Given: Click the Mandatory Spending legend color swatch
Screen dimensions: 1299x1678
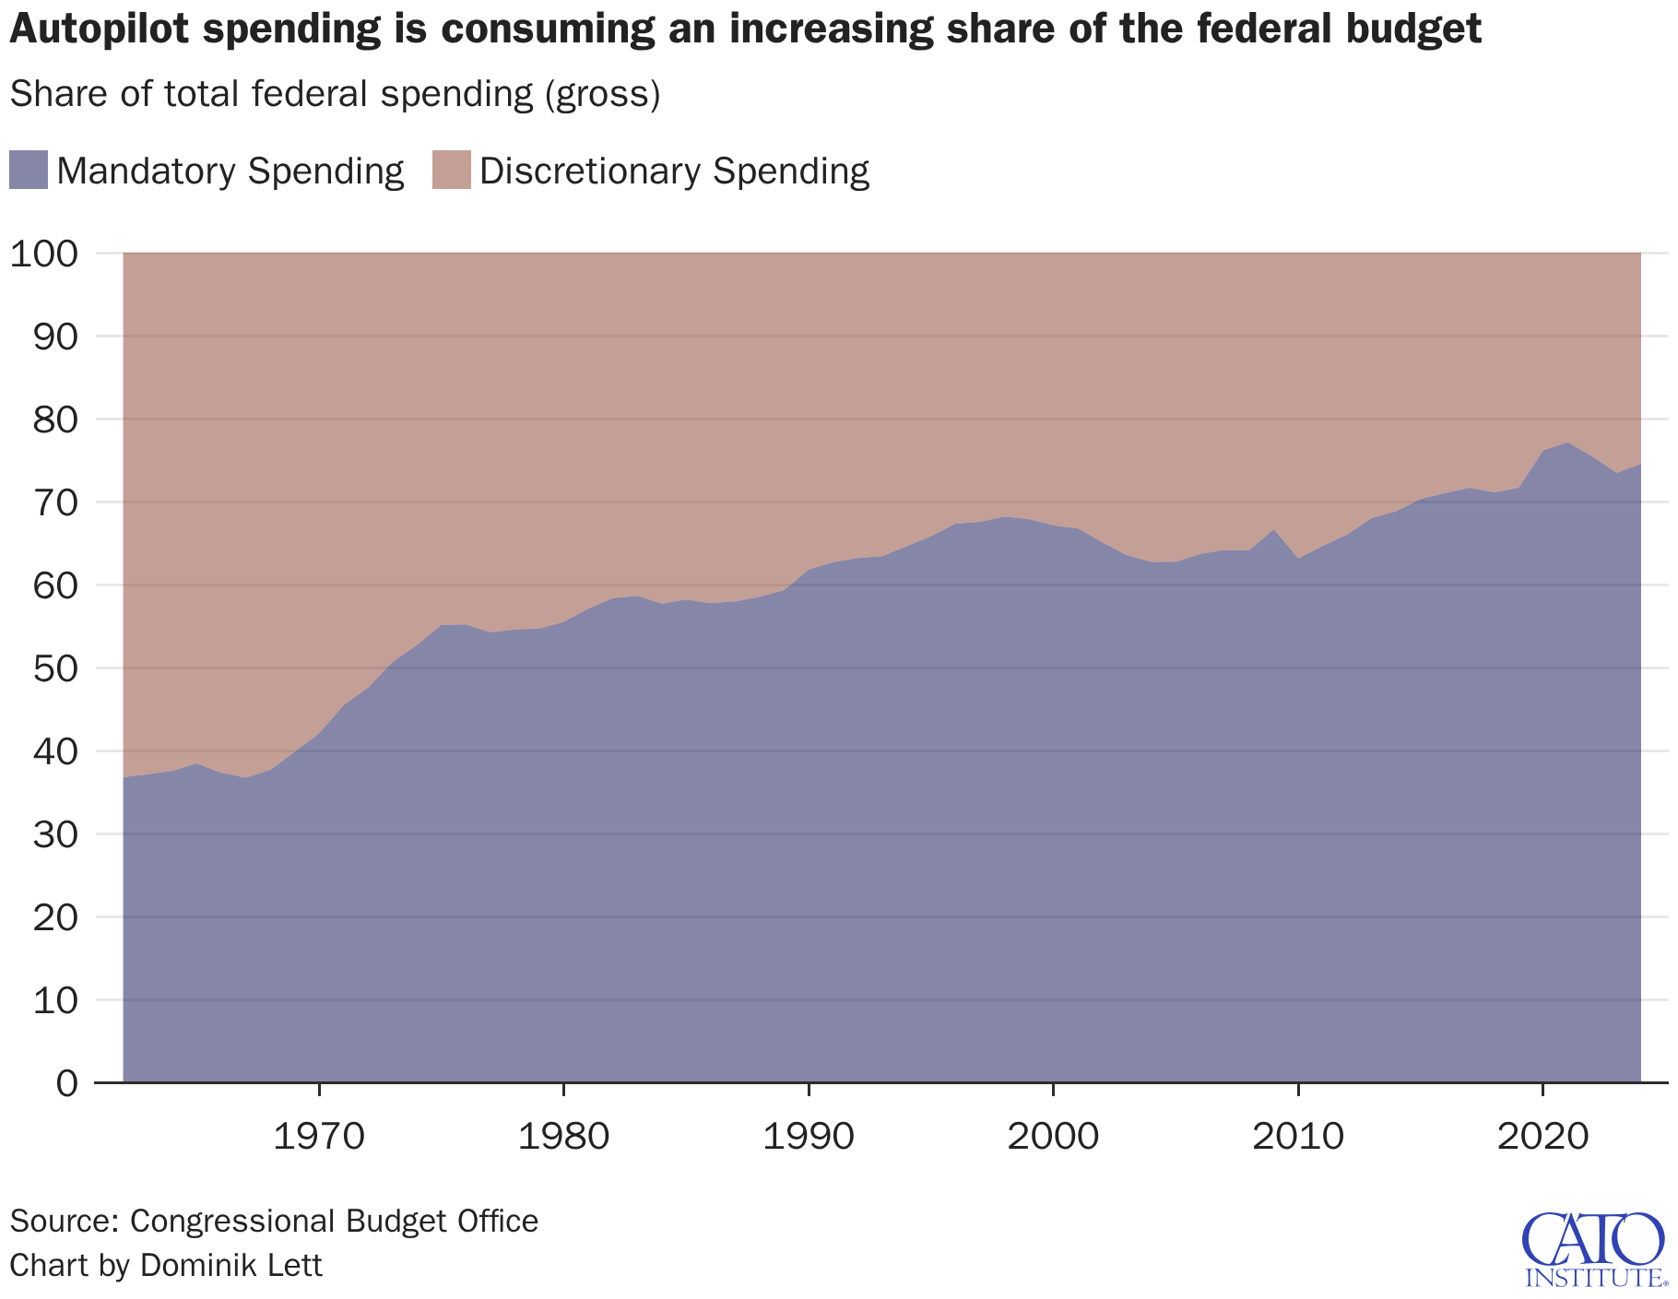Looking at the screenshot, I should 28,171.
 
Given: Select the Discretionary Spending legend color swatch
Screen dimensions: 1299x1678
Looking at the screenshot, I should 452,171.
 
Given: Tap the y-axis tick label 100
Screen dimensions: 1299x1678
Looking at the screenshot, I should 44,254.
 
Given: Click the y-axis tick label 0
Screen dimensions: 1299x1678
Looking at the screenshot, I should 67,1083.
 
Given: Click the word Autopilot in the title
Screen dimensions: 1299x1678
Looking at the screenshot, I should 98,30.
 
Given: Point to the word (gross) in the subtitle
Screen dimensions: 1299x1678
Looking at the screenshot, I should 603,94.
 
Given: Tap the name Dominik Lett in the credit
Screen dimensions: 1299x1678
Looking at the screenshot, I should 230,1264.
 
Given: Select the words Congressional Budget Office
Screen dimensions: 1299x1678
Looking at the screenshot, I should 334,1221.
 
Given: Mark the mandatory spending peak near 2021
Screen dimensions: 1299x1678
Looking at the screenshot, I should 1567,443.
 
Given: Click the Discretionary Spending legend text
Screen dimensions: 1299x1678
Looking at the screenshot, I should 674,171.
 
